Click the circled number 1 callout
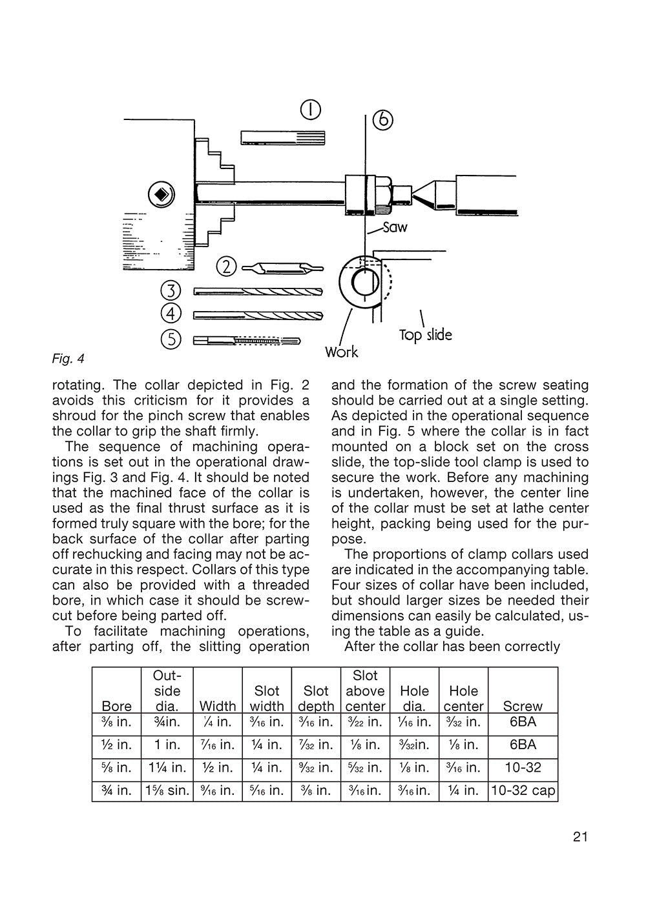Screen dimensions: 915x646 [311, 111]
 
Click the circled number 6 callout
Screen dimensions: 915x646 [383, 120]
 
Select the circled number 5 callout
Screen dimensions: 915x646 [171, 339]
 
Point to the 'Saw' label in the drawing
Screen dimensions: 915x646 [394, 227]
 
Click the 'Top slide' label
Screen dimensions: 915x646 [425, 335]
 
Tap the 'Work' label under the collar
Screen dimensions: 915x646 [341, 352]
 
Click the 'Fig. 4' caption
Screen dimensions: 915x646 [68, 358]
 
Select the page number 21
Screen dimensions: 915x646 [579, 837]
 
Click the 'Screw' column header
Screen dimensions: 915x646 [523, 706]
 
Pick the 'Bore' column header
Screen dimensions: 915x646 [116, 706]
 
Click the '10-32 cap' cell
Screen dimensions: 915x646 [523, 790]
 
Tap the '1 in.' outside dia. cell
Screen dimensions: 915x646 [167, 745]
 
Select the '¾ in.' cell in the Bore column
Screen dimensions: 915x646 [116, 790]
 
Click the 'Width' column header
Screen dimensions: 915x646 [218, 706]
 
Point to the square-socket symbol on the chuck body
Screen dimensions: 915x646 [160, 194]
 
